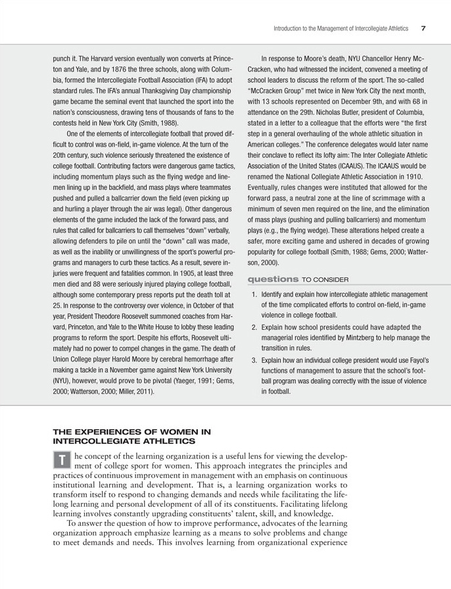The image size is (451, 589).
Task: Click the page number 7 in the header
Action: tap(424, 28)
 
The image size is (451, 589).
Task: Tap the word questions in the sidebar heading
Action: tap(271, 279)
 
